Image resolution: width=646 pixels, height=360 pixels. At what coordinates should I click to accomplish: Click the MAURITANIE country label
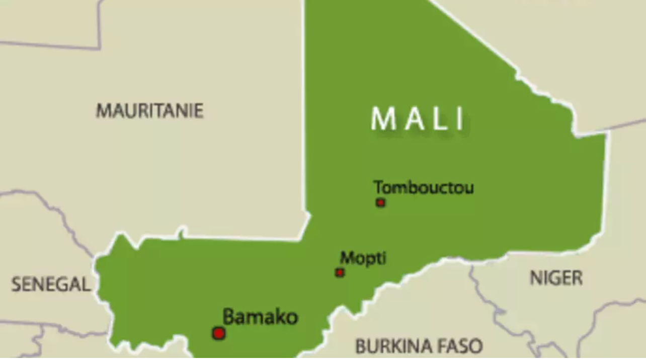coord(150,111)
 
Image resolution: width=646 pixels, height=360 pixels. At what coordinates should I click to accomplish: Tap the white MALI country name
coord(418,119)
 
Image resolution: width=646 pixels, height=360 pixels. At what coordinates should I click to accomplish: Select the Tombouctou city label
coord(424,188)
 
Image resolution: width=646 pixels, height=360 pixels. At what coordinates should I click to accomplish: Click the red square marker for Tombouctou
coord(380,202)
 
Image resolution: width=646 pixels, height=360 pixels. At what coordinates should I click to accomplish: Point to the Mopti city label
coord(363,258)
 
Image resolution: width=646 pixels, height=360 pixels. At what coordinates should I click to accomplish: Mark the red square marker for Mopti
coord(340,272)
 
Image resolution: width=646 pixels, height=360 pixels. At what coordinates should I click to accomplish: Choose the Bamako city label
coord(260,317)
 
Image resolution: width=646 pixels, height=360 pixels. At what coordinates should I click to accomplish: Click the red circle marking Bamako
coord(218,333)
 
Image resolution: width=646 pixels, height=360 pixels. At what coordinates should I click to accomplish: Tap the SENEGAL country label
coord(51,284)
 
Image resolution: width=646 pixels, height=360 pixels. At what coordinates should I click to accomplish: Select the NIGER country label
coord(556,278)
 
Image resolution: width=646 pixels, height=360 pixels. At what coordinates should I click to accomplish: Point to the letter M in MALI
coord(381,119)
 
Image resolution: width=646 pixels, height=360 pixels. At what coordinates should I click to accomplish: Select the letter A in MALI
coord(410,119)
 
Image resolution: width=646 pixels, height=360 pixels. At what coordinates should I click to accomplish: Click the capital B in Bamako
coord(229,317)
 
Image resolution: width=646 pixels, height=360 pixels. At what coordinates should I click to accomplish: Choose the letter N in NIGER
coord(535,278)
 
